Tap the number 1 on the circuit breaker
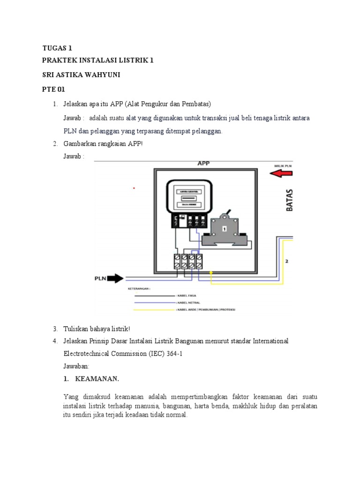pyautogui.click(x=224, y=228)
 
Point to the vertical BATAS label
pyautogui.click(x=289, y=200)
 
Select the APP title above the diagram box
pyautogui.click(x=203, y=164)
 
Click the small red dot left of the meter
pyautogui.click(x=134, y=188)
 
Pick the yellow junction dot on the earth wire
pyautogui.click(x=211, y=272)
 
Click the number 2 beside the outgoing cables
pyautogui.click(x=286, y=261)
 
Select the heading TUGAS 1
pyautogui.click(x=57, y=48)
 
